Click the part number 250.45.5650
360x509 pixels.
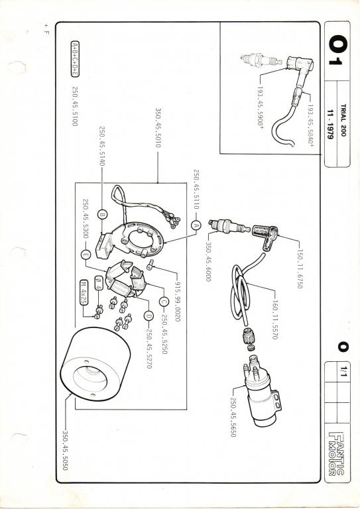pos(233,417)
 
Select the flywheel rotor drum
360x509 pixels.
pos(95,365)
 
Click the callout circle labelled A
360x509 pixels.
pos(196,225)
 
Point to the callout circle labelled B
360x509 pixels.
pos(102,215)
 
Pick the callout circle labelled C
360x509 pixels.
pos(164,302)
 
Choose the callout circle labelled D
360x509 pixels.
pos(149,315)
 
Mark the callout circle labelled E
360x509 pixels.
pos(85,254)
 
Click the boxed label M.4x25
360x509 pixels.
pos(84,292)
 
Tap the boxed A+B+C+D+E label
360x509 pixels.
pos(75,59)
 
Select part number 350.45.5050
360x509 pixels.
pos(65,450)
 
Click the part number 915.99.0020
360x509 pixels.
pos(177,301)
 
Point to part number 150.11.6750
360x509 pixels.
pos(299,268)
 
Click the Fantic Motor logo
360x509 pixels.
pos(336,453)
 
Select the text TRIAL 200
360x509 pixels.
pos(343,120)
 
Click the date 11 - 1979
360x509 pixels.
pos(330,125)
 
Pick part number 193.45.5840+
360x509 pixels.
pos(311,125)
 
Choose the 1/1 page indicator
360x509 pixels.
pos(343,371)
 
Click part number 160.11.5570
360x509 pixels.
pos(274,319)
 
